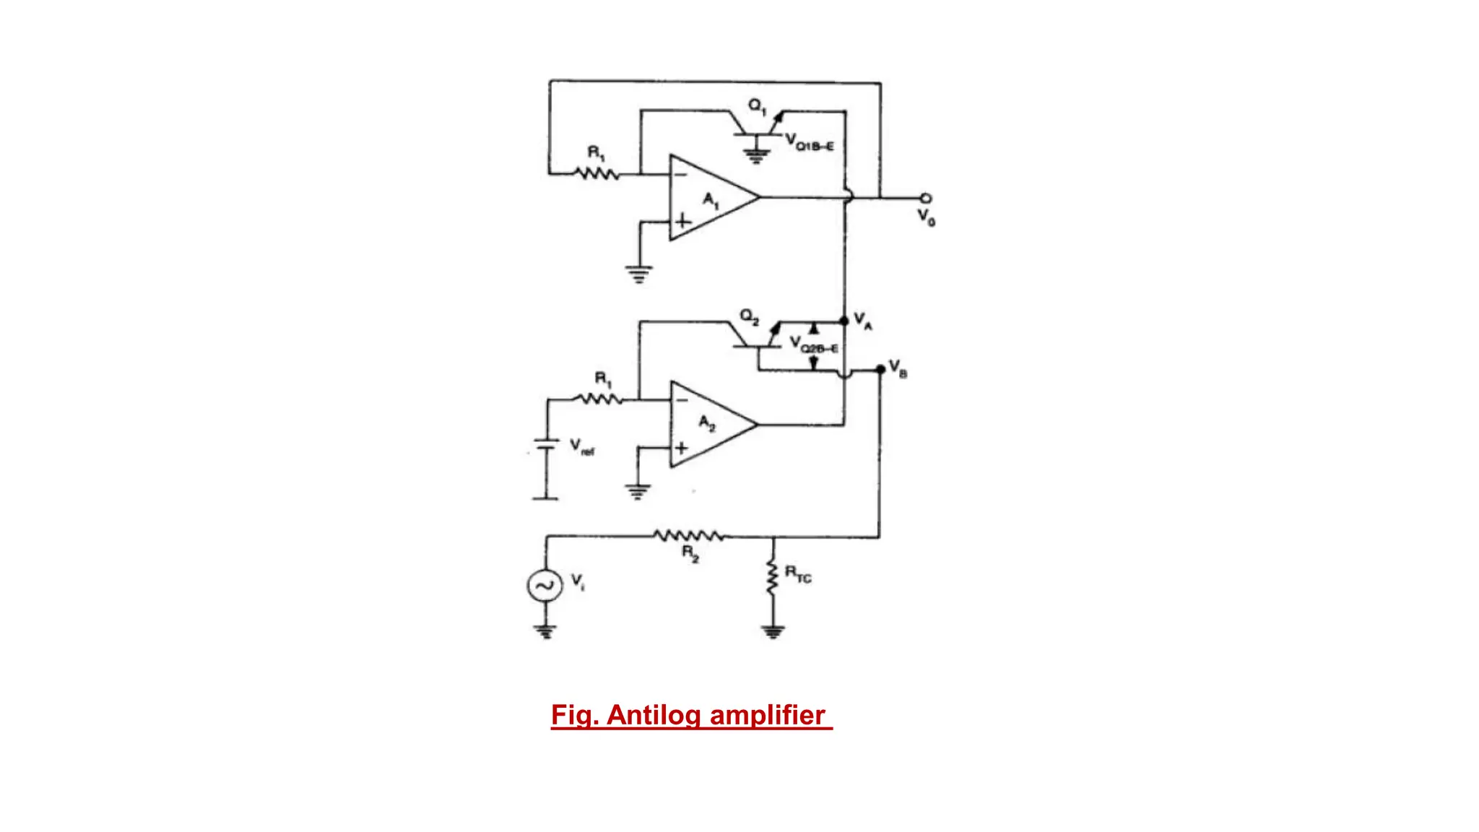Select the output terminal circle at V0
[x=925, y=198]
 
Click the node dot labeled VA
[x=844, y=321]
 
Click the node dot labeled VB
[x=880, y=370]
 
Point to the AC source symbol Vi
[x=545, y=585]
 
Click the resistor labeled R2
[x=689, y=536]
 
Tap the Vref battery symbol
[x=546, y=445]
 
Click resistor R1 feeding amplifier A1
[x=597, y=174]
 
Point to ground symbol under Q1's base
[x=756, y=155]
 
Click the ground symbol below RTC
[x=773, y=633]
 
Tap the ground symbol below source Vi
[x=545, y=633]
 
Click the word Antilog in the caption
[x=654, y=715]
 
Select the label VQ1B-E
[x=810, y=142]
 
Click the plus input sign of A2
[x=681, y=448]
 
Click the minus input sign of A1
[x=680, y=174]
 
